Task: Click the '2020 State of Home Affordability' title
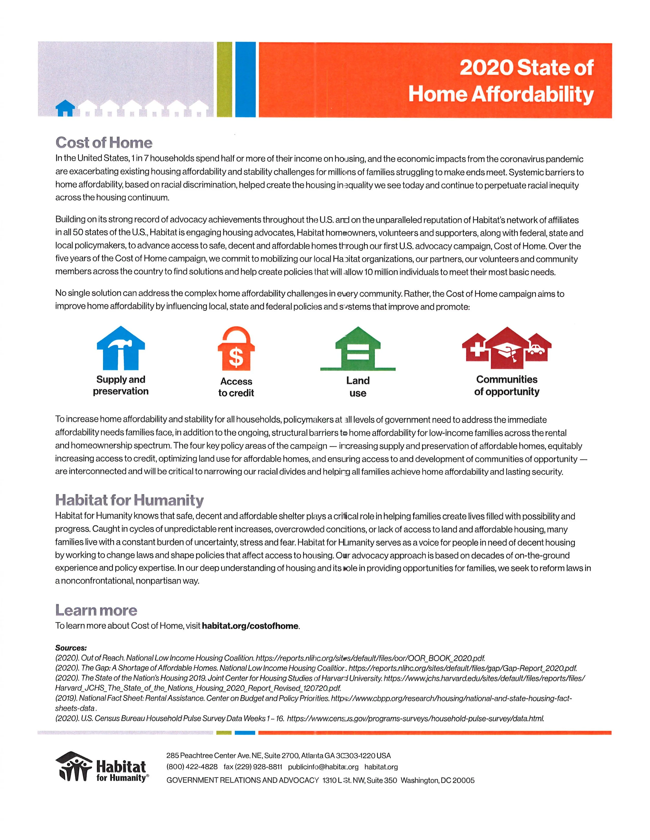[x=500, y=81]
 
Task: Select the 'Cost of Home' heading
[x=104, y=143]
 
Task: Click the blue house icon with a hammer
[x=121, y=348]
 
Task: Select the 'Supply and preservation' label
[x=121, y=385]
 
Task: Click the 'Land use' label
[x=358, y=387]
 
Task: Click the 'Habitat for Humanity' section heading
[x=129, y=500]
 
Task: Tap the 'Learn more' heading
[x=96, y=610]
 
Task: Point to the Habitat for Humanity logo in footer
[x=102, y=767]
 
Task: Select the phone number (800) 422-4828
[x=192, y=767]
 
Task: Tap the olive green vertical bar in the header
[x=224, y=79]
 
